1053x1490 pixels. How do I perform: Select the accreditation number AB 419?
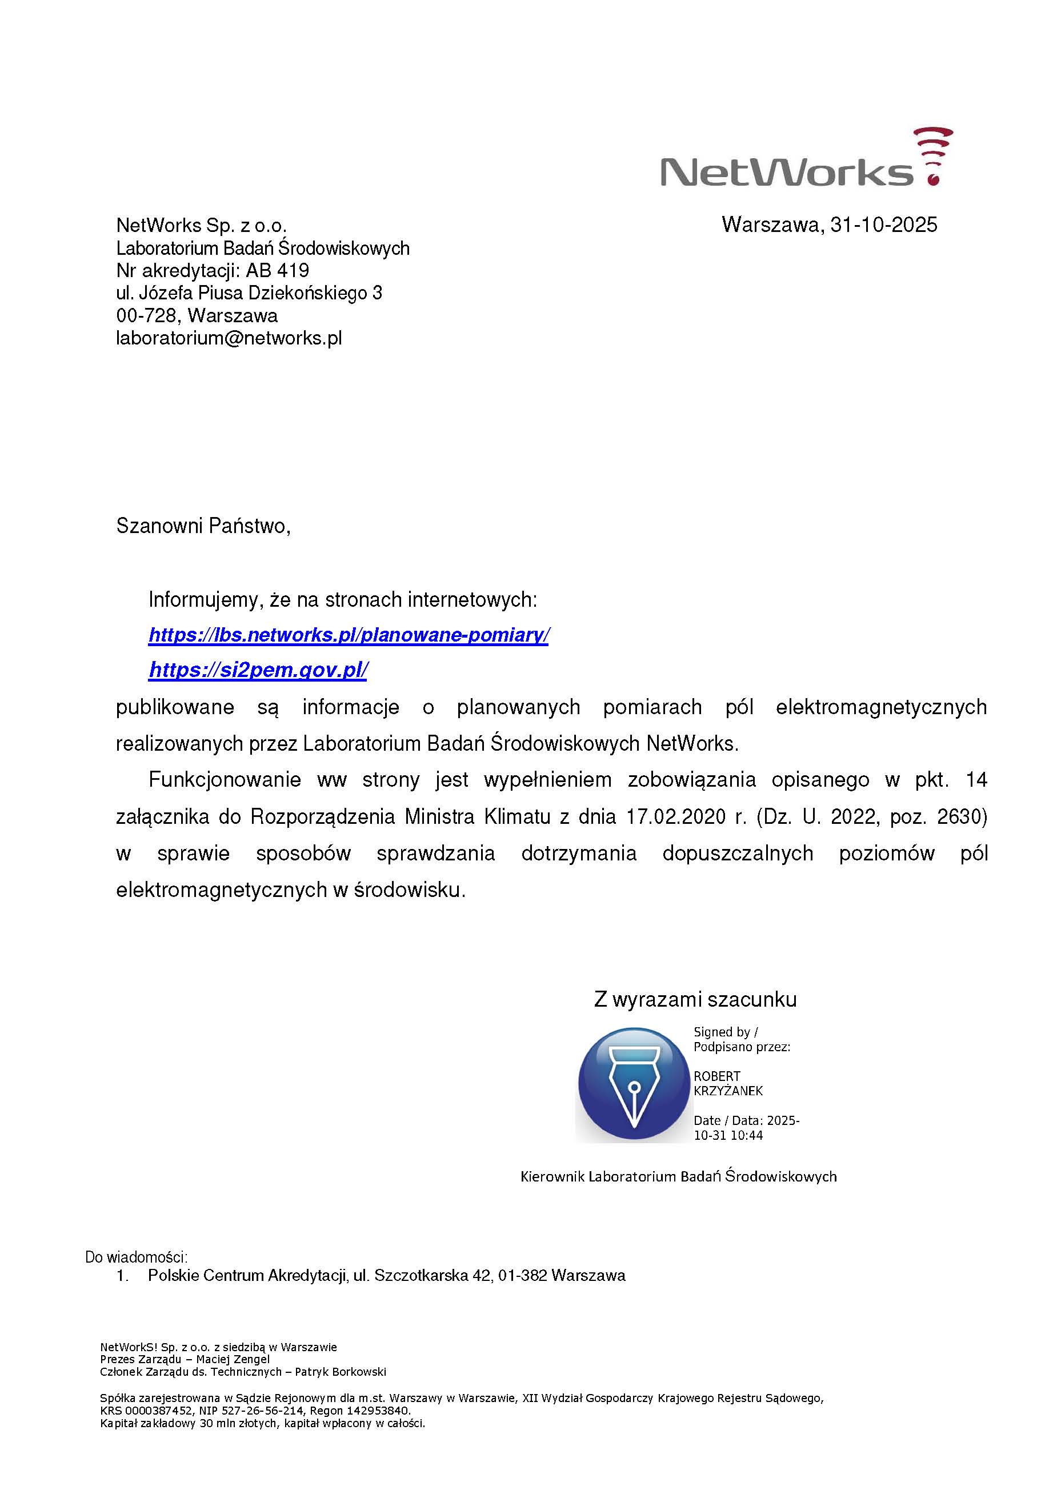[277, 270]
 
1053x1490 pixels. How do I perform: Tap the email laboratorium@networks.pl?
[229, 338]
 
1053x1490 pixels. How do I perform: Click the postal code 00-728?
[146, 315]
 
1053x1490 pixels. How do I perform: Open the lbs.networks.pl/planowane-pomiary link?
[349, 635]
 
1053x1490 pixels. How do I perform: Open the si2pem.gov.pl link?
[258, 670]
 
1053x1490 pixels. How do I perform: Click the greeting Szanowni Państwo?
[202, 526]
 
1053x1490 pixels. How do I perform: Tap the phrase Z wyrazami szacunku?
[695, 999]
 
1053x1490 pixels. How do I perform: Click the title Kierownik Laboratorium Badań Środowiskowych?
[678, 1176]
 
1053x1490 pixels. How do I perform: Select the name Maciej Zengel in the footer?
[233, 1360]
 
